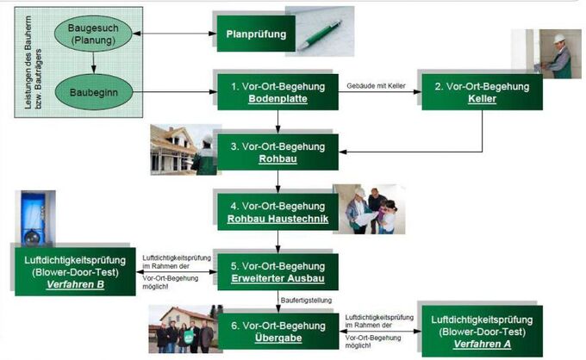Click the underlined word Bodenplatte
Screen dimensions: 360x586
(277, 100)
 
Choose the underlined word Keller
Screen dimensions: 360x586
(482, 100)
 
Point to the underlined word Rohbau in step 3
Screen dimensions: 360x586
(277, 159)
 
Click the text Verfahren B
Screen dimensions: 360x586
(76, 284)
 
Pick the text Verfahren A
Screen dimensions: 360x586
(481, 343)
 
